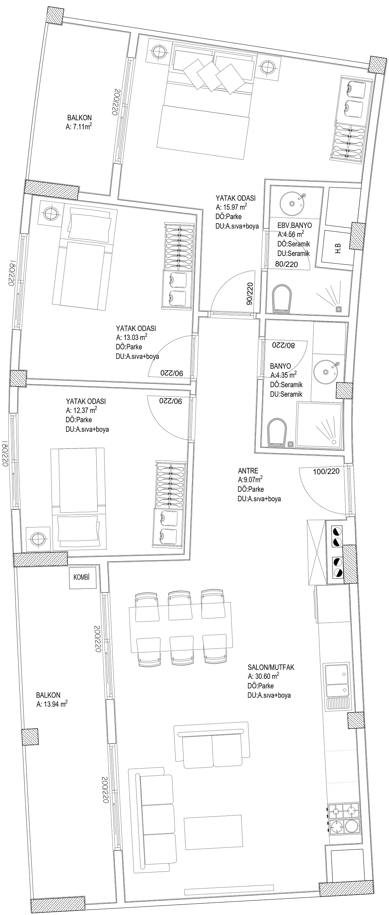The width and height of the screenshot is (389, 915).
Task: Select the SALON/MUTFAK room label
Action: (x=271, y=667)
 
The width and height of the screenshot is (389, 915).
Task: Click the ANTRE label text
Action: (x=248, y=471)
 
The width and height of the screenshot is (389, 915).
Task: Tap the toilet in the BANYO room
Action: (x=277, y=431)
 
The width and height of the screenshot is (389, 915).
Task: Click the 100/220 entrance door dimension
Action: (x=326, y=471)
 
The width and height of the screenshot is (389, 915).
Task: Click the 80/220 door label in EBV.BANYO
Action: (x=286, y=264)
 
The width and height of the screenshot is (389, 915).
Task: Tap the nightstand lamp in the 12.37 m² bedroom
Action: (x=37, y=539)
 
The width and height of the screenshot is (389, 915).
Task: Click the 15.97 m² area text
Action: (x=231, y=207)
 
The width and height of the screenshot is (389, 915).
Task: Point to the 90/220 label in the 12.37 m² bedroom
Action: (x=171, y=401)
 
